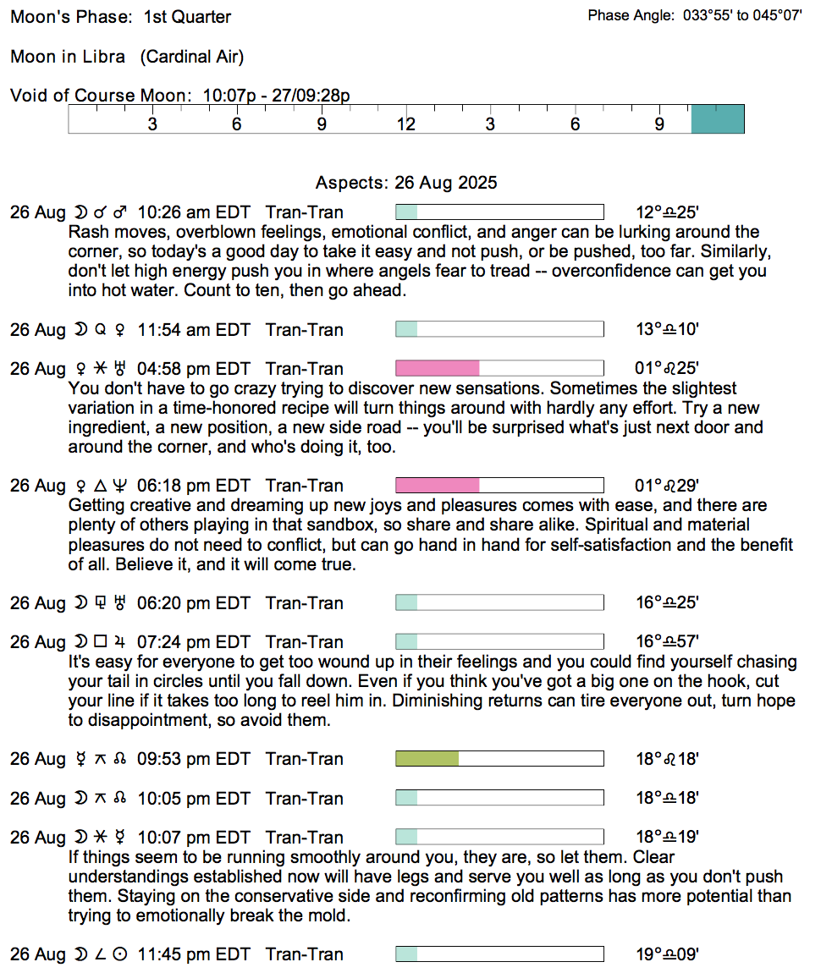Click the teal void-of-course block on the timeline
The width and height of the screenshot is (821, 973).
(718, 119)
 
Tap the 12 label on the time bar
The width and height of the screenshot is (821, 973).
(406, 124)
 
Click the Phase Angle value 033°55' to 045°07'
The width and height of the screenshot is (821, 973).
(742, 16)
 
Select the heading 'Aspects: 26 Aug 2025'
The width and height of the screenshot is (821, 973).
(406, 183)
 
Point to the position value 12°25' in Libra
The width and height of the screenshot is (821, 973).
(667, 212)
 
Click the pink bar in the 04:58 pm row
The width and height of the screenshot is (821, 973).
(438, 368)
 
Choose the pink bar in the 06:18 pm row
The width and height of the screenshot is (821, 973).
(438, 486)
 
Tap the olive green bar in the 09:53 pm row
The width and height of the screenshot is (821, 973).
(427, 759)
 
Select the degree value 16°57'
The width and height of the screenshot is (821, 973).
(667, 642)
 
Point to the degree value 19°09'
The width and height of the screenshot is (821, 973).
(667, 954)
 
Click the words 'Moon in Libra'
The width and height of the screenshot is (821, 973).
(68, 57)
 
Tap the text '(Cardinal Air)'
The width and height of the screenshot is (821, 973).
(192, 57)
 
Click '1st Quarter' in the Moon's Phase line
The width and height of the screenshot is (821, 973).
(187, 17)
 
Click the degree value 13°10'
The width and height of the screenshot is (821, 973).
(667, 329)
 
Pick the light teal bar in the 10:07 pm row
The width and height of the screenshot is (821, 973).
(407, 838)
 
